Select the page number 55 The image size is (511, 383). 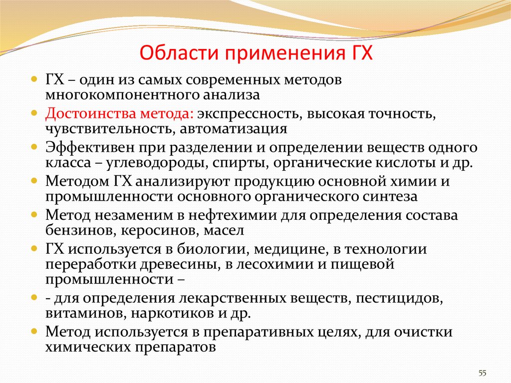point(483,373)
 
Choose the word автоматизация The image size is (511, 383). point(234,129)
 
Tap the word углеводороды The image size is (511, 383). point(157,163)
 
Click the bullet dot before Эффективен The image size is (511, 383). point(34,147)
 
